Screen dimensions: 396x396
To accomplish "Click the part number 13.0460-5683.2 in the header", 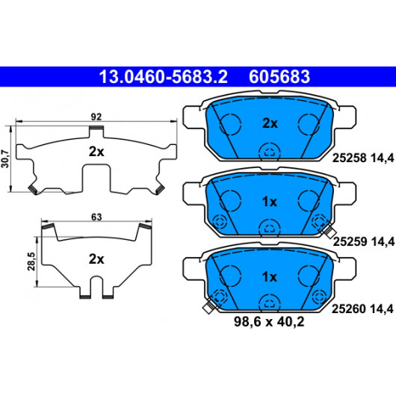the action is pyautogui.click(x=164, y=77).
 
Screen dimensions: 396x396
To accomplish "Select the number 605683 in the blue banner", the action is pyautogui.click(x=279, y=77).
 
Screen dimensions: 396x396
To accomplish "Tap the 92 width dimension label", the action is pyautogui.click(x=96, y=117).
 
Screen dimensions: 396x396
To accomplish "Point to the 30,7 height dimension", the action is pyautogui.click(x=5, y=158).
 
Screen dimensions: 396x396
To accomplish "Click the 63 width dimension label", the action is pyautogui.click(x=96, y=217).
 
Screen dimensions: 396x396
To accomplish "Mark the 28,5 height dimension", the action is pyautogui.click(x=31, y=262).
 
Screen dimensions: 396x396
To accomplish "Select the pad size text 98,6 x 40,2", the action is pyautogui.click(x=269, y=322).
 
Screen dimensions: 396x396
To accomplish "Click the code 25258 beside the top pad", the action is pyautogui.click(x=349, y=158).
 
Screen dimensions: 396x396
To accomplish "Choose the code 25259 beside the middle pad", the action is pyautogui.click(x=350, y=241).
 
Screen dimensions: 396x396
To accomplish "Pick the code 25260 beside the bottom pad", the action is pyautogui.click(x=348, y=309).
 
